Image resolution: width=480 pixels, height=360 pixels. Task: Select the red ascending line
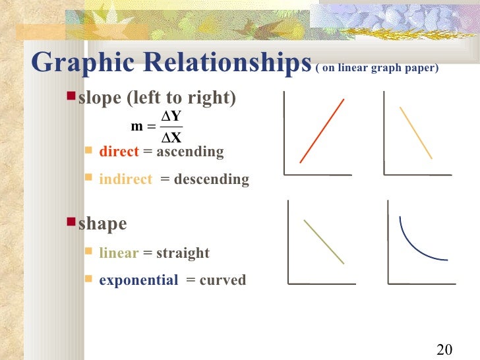tap(322, 131)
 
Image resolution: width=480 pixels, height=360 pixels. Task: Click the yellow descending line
tap(416, 133)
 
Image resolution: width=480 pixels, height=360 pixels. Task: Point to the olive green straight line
tap(324, 241)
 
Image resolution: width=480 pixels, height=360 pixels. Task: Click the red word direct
tap(119, 152)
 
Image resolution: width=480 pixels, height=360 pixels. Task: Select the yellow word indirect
tap(125, 179)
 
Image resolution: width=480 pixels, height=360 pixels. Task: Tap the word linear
tap(119, 253)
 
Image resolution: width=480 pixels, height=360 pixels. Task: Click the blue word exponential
tap(138, 280)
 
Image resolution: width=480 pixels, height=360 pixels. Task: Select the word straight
tap(183, 253)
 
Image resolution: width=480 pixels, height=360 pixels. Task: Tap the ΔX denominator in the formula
tap(172, 138)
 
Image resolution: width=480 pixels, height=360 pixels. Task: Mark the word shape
tap(103, 224)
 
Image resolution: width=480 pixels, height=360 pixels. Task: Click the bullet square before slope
tap(72, 97)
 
